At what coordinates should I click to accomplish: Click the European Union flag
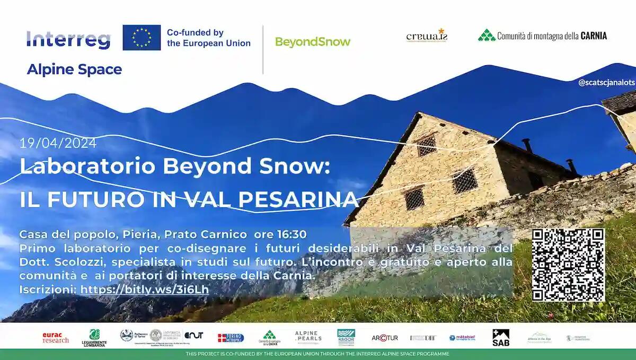[142, 38]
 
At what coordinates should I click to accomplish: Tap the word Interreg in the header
[69, 39]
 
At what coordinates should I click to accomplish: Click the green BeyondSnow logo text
[313, 42]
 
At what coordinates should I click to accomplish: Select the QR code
[568, 265]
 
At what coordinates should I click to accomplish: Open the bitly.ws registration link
[144, 290]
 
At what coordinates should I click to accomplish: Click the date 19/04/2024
[58, 143]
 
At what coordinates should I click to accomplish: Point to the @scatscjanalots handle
[606, 83]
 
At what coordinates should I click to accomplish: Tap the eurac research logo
[56, 338]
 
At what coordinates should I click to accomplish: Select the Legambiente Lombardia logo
[94, 337]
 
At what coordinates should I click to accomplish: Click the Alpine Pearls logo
[308, 337]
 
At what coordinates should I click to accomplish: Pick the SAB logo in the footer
[500, 338]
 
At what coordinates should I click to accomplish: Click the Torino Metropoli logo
[231, 338]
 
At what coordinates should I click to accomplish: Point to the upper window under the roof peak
[426, 145]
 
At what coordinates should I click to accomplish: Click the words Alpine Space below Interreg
[74, 69]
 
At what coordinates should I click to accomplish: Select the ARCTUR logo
[385, 338]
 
